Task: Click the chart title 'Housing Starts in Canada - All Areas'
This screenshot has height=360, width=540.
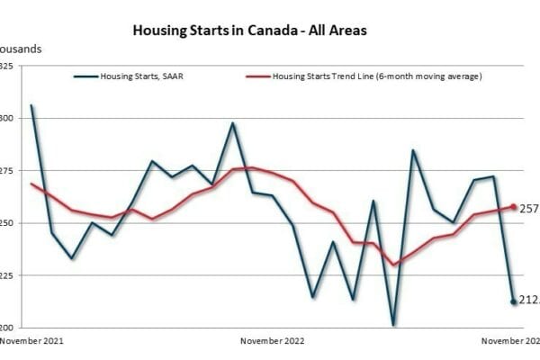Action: (249, 30)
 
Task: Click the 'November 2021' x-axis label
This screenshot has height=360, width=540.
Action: (31, 342)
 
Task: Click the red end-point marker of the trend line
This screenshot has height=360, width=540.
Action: (514, 207)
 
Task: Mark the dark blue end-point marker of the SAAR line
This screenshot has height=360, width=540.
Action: (514, 301)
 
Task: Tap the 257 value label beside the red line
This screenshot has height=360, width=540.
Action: (529, 209)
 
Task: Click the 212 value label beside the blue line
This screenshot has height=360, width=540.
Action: (529, 301)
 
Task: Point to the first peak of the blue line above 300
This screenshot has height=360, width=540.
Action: (31, 105)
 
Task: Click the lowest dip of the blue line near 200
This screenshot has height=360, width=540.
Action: (393, 324)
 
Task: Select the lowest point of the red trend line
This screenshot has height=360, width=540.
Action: (393, 265)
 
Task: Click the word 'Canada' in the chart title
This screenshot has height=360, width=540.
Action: (272, 30)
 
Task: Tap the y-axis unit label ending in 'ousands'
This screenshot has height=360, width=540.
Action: (20, 48)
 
